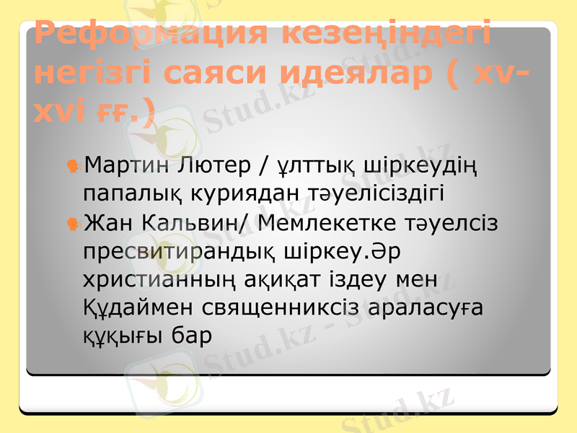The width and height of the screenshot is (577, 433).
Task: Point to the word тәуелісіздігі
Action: point(366,193)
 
